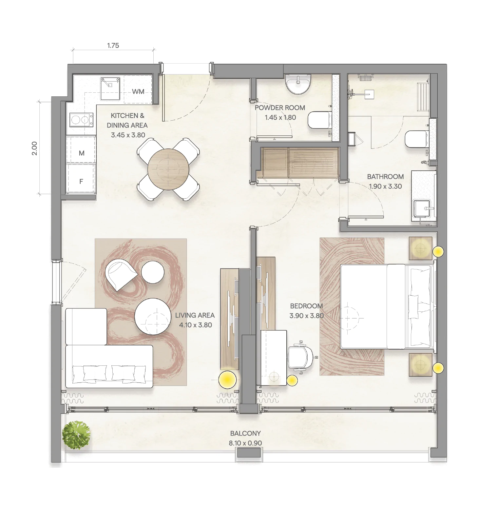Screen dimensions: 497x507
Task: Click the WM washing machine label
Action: [138, 91]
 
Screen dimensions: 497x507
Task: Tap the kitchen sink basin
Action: [110, 88]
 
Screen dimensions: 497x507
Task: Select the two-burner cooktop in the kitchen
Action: [81, 120]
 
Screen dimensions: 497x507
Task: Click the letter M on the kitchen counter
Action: [82, 153]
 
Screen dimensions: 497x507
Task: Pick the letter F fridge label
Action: [81, 181]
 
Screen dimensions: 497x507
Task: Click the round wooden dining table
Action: [168, 169]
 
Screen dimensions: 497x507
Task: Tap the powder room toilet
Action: [319, 120]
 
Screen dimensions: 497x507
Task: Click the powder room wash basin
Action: [297, 84]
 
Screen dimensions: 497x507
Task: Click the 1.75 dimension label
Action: [113, 46]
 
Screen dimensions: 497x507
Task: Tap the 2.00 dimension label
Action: [34, 148]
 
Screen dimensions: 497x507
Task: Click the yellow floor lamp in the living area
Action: [227, 380]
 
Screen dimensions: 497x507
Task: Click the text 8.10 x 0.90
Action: [245, 443]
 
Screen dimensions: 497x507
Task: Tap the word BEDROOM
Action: [306, 306]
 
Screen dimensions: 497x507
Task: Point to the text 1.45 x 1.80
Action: [280, 117]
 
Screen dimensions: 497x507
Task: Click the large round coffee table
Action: [152, 316]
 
